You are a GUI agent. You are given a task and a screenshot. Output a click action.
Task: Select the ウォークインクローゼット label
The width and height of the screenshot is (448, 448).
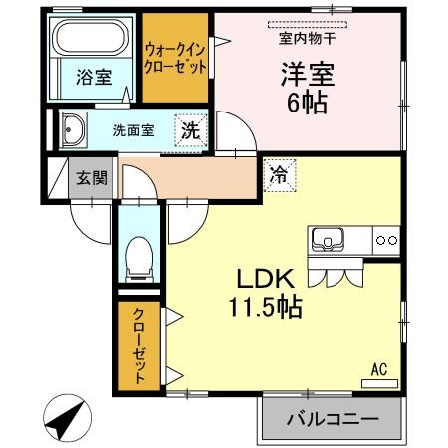[175, 57]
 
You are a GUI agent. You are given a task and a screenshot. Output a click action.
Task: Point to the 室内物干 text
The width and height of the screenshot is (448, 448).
[307, 39]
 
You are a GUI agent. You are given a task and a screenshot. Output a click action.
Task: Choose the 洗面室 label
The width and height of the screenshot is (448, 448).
[132, 129]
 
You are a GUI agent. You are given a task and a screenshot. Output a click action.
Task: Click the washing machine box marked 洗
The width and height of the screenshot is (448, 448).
[190, 128]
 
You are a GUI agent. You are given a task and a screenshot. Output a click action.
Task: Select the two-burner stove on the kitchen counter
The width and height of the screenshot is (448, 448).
[386, 240]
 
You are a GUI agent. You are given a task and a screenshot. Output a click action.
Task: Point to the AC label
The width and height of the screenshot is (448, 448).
[378, 369]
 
